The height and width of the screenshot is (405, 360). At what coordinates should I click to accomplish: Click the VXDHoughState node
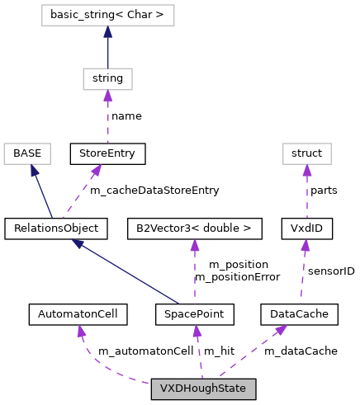(203, 389)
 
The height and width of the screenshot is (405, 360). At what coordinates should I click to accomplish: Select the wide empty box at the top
(108, 15)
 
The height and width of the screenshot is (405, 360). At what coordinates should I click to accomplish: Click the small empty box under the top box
(107, 79)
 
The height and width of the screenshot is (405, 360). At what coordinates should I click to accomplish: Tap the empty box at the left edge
(27, 153)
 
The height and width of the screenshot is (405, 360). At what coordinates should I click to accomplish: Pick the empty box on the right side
(307, 153)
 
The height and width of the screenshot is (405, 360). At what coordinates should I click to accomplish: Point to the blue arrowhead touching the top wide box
(107, 31)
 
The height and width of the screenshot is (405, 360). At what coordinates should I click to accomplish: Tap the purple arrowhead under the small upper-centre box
(107, 96)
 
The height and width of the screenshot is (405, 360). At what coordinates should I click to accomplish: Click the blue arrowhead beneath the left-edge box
(34, 171)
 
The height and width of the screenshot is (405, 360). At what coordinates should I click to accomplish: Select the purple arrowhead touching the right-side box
(307, 170)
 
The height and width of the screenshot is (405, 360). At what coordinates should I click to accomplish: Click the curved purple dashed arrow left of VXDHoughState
(99, 366)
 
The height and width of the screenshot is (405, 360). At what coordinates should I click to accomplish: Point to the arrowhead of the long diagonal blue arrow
(77, 244)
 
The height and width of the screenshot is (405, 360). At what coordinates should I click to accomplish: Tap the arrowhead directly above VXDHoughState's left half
(197, 331)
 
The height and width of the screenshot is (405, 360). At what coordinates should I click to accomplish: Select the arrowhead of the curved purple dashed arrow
(80, 331)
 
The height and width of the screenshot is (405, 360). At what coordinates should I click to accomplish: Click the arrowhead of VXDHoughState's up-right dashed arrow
(281, 330)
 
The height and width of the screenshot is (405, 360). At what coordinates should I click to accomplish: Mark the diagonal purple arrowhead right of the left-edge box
(97, 170)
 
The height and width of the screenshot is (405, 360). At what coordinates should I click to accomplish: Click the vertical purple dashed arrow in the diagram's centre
(195, 272)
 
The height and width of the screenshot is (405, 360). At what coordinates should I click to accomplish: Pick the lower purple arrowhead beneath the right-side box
(306, 246)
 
